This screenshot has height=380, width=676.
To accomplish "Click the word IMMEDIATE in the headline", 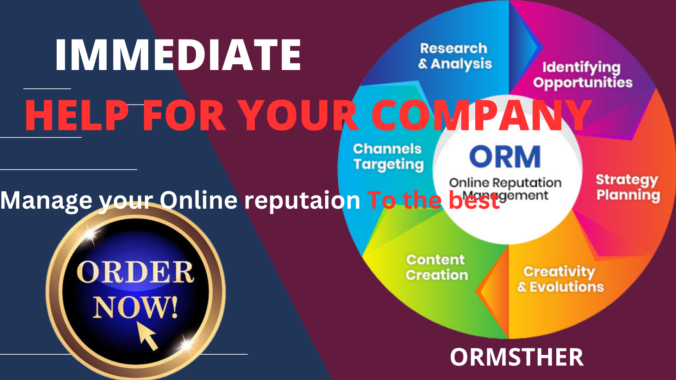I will (178, 55).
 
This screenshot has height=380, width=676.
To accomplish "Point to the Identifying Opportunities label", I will (582, 75).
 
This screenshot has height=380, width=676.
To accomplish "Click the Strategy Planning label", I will (627, 187).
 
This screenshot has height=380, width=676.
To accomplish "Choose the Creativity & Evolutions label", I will (561, 279).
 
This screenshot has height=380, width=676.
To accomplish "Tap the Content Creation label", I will (437, 267).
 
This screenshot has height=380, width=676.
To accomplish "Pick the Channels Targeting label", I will (388, 157).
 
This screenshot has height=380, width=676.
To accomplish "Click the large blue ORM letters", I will (505, 157).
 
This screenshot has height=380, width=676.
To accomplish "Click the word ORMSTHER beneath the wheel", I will (517, 357).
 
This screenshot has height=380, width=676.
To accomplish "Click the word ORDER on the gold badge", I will (135, 273).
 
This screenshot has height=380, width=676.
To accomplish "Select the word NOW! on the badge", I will (136, 307).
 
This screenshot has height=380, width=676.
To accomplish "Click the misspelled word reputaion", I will (302, 201).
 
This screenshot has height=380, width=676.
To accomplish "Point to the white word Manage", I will (46, 201).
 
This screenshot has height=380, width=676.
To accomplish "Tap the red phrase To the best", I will (433, 201).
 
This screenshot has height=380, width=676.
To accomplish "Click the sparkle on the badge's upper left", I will (90, 235).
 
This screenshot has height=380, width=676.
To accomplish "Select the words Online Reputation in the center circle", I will (505, 183).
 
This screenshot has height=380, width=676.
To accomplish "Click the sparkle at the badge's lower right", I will (187, 343).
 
